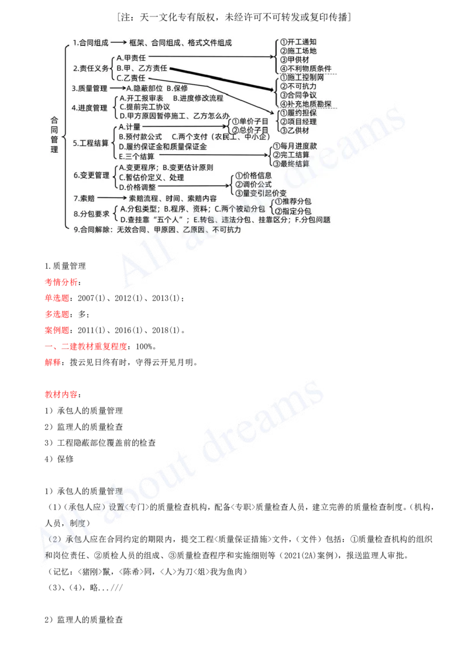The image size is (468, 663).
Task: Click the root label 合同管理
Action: pos(54,134)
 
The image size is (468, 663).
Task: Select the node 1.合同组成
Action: pos(91,43)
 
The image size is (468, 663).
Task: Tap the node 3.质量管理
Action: pos(90,88)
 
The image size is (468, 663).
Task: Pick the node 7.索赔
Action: pos(84,198)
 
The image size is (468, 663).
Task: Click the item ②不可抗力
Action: pos(298,86)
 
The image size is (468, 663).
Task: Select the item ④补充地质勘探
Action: pos(306,104)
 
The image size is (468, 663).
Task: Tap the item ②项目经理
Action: pos(298,121)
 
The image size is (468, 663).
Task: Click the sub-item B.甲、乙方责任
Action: pos(142,68)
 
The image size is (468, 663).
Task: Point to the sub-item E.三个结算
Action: pos(137,156)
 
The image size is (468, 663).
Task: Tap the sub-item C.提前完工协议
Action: pos(144,107)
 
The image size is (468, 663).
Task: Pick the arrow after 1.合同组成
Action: pos(119,43)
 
